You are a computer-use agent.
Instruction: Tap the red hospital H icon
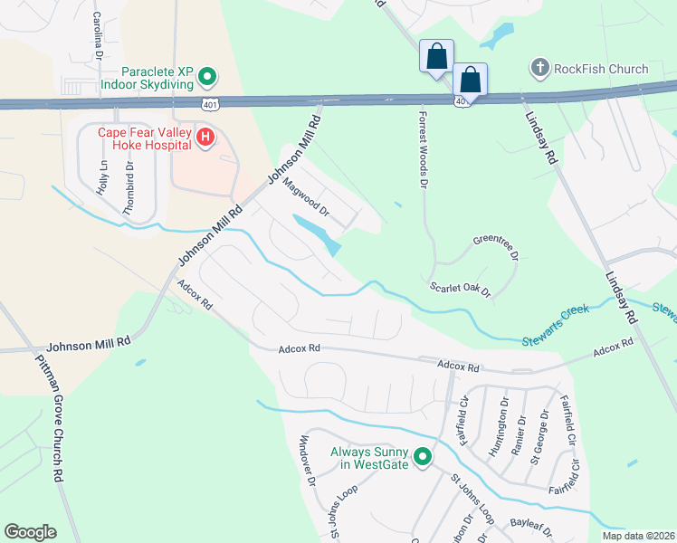(x=205, y=138)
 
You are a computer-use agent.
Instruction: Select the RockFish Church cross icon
(x=539, y=68)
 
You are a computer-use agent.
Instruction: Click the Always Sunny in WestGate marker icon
(x=422, y=458)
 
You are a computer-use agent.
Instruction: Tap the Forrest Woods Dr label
(x=421, y=149)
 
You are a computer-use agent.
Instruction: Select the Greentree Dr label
(x=494, y=249)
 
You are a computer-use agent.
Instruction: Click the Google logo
(x=30, y=532)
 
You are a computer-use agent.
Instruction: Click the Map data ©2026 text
(x=637, y=536)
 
